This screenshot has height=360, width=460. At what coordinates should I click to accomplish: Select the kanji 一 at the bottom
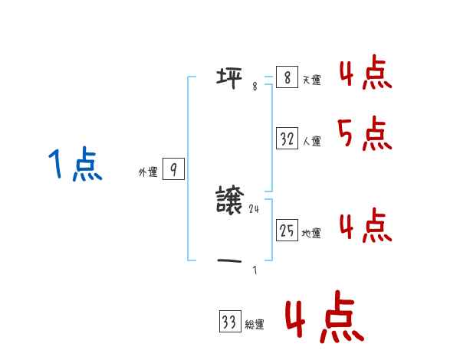(230, 261)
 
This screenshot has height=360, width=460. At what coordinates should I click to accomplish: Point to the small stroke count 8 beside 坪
(255, 87)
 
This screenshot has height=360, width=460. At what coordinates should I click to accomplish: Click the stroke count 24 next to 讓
(255, 209)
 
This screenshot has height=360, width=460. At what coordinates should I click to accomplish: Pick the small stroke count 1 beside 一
(255, 270)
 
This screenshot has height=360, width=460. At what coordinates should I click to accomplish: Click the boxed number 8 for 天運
(287, 78)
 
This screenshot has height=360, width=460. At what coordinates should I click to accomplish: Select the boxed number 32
(287, 139)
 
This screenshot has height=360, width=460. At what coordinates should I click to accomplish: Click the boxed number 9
(173, 170)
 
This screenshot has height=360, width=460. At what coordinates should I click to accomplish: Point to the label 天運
(311, 80)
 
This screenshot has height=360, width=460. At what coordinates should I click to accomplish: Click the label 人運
(311, 141)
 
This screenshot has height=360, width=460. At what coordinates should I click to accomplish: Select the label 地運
(311, 234)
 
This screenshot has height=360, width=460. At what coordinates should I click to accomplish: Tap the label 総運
(255, 325)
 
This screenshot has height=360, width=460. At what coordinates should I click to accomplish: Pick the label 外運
(148, 172)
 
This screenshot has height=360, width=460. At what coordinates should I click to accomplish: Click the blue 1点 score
(75, 165)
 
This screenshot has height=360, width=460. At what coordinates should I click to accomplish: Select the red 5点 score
(365, 135)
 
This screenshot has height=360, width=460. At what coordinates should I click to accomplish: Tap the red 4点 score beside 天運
(365, 74)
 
